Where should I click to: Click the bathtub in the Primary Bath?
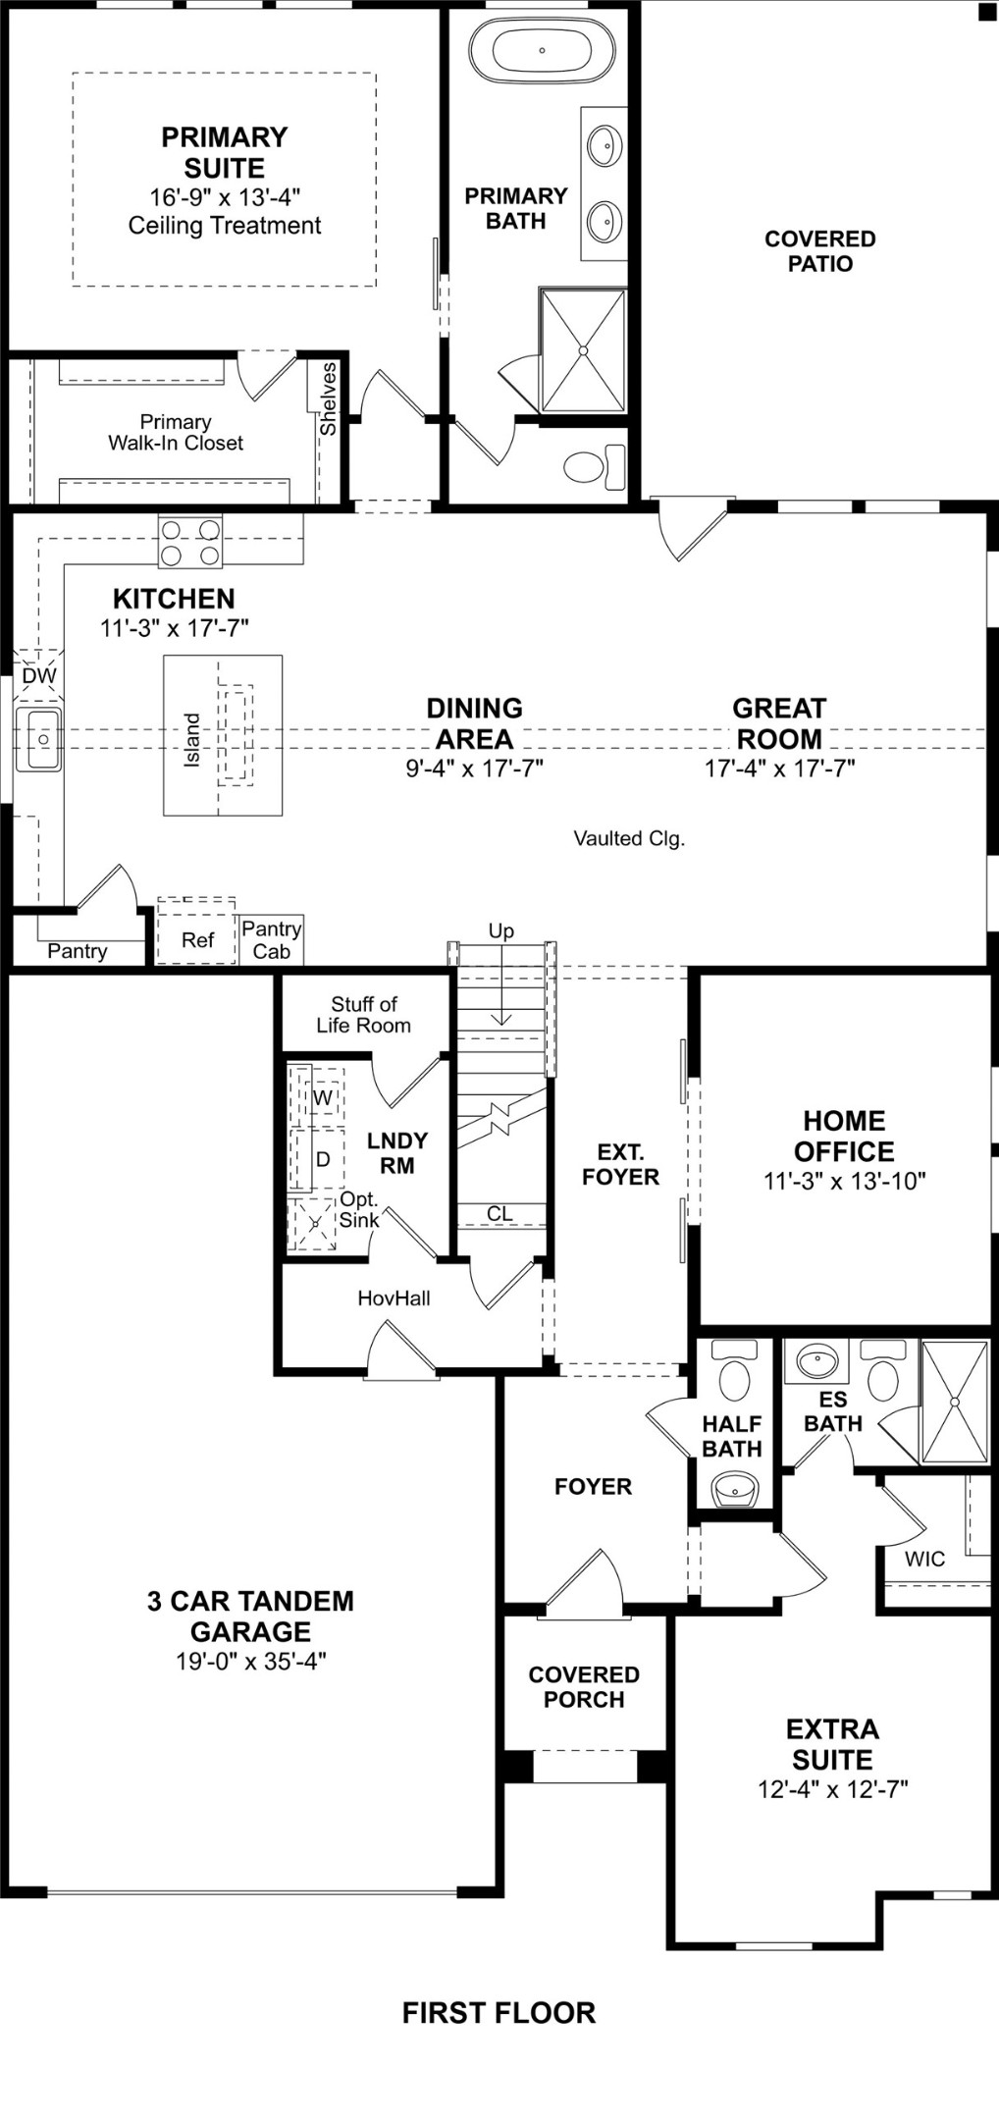point(542,50)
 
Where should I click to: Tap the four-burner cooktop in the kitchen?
point(190,543)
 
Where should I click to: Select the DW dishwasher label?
point(39,675)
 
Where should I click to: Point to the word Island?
point(192,739)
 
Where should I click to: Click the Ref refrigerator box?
point(197,940)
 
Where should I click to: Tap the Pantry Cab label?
point(271,940)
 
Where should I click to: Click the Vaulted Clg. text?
point(629,838)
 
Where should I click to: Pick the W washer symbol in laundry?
point(323,1097)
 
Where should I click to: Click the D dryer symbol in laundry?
point(322,1159)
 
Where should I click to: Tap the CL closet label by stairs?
point(499,1214)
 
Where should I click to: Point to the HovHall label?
point(394,1298)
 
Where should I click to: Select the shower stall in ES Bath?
point(954,1402)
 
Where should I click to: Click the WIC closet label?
point(924,1559)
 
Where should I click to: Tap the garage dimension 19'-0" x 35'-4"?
point(251,1661)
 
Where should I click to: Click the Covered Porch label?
point(584,1686)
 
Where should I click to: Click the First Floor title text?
point(499,2013)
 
